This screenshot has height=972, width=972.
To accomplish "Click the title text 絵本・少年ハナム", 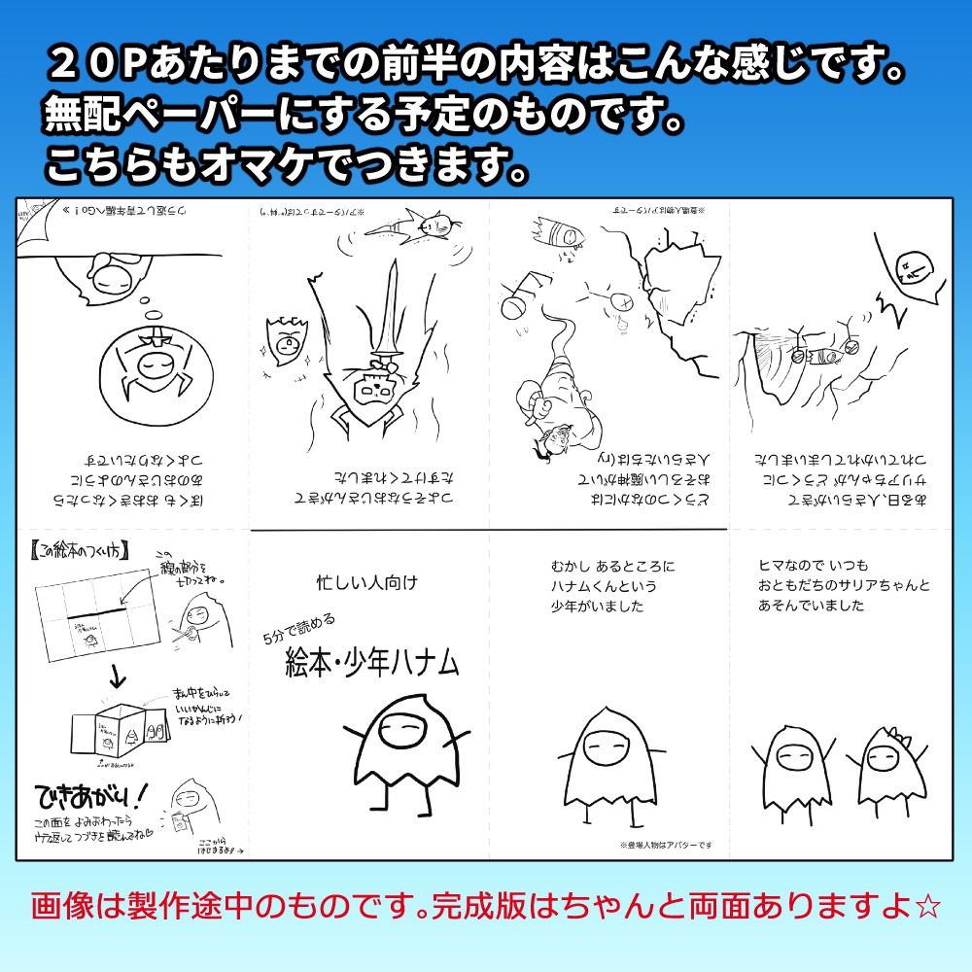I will click(371, 664).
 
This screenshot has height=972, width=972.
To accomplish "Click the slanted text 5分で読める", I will click(298, 629).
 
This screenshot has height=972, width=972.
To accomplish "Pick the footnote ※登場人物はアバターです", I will click(665, 845).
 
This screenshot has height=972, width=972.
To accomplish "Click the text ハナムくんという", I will click(604, 586).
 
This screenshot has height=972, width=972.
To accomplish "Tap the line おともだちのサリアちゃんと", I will click(844, 585).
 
